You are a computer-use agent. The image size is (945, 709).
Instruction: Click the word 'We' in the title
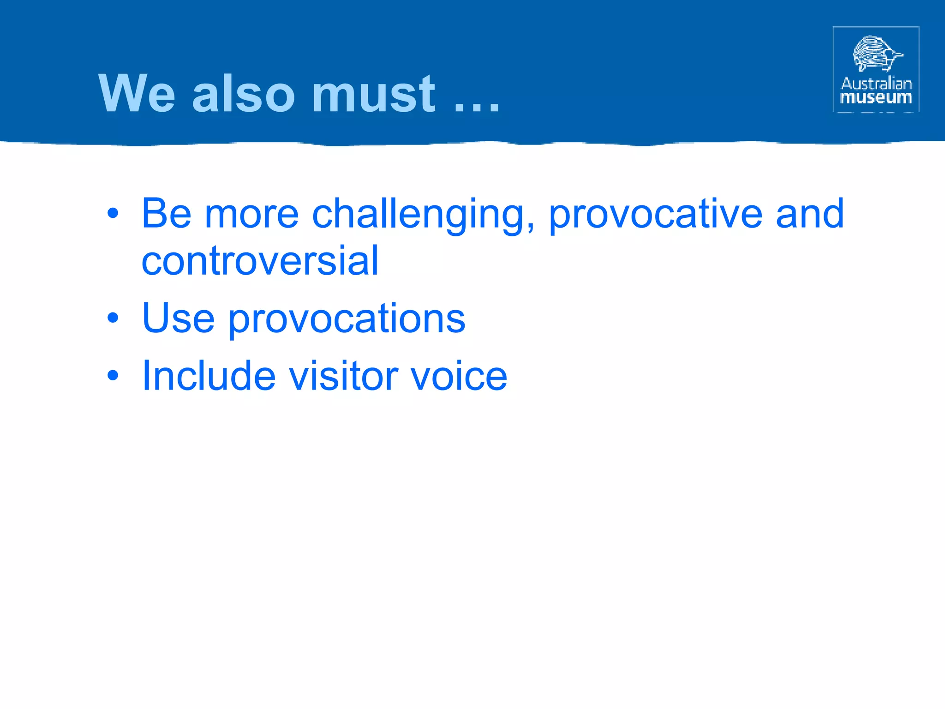pos(137,94)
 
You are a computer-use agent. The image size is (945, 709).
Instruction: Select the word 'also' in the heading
pos(243,94)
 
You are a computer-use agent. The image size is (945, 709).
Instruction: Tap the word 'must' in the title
pos(373,94)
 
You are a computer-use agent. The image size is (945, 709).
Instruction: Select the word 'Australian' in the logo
pos(876,84)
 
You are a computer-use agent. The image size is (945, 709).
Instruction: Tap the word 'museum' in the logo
pos(876,98)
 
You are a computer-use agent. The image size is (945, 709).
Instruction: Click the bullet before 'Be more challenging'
pos(113,214)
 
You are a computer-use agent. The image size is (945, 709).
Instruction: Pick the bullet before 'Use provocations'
pos(113,318)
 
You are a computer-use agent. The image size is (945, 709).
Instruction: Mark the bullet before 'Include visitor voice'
pos(113,376)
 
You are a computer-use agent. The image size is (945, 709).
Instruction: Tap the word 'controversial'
pos(260,261)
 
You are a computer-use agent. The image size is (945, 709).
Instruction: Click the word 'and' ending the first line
pos(810,214)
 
